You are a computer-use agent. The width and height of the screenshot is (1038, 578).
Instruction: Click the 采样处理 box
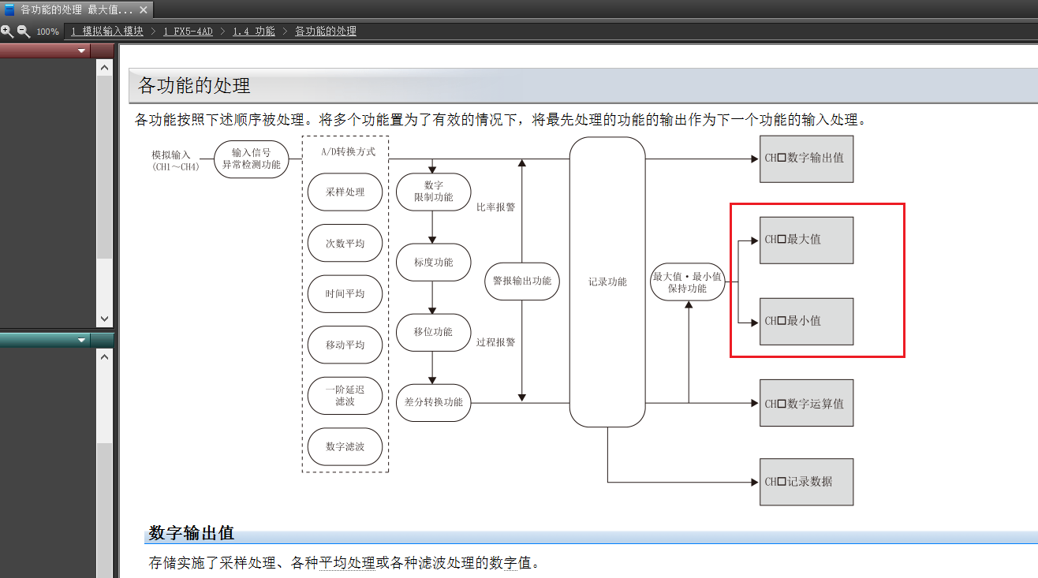pyautogui.click(x=345, y=192)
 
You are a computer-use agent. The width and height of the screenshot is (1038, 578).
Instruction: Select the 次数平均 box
pyautogui.click(x=345, y=244)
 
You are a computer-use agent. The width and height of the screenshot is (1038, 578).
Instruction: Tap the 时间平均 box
pyautogui.click(x=345, y=294)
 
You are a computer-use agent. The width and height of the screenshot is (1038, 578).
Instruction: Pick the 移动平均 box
pyautogui.click(x=345, y=345)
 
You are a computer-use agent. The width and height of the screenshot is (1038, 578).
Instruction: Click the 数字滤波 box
pyautogui.click(x=345, y=447)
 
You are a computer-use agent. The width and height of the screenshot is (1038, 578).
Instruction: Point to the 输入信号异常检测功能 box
pyautogui.click(x=251, y=158)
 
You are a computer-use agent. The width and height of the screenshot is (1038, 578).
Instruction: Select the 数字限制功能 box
pyautogui.click(x=433, y=192)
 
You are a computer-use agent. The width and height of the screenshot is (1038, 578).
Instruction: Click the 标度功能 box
pyautogui.click(x=433, y=262)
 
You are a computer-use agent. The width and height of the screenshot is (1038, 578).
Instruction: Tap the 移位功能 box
pyautogui.click(x=433, y=332)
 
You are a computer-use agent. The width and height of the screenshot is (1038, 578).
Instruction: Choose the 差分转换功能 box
pyautogui.click(x=433, y=402)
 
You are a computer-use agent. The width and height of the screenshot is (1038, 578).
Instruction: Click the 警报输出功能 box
pyautogui.click(x=521, y=282)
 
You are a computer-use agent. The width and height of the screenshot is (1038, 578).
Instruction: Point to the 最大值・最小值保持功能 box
pyautogui.click(x=687, y=282)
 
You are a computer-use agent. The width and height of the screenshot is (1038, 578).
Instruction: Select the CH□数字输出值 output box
pyautogui.click(x=806, y=158)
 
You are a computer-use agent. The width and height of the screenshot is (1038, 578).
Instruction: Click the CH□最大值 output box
pyautogui.click(x=806, y=240)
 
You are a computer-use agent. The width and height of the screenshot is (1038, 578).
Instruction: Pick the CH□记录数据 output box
pyautogui.click(x=806, y=482)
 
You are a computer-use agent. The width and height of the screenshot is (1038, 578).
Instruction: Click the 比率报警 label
pyautogui.click(x=495, y=207)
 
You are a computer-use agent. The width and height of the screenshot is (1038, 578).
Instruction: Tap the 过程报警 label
pyautogui.click(x=495, y=342)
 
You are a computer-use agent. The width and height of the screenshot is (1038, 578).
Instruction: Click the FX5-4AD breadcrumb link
pyautogui.click(x=188, y=32)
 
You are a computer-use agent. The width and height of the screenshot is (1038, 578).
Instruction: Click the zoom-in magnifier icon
pyautogui.click(x=7, y=32)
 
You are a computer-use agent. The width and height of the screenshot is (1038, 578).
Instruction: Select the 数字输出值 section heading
pyautogui.click(x=192, y=533)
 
